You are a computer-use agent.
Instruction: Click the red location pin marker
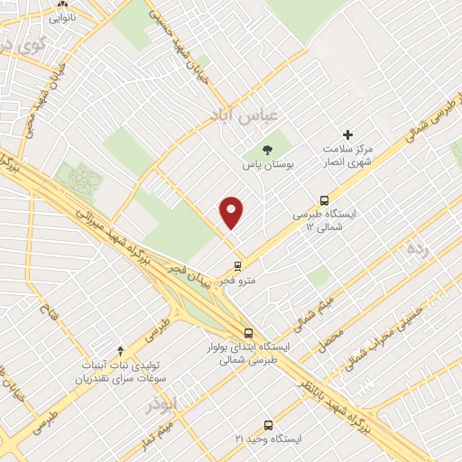232,212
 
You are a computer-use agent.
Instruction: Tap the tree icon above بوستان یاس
267,150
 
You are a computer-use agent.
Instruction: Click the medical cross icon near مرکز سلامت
347,134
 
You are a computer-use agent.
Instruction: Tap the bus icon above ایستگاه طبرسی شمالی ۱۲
324,200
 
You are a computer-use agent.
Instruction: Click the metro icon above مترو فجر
237,266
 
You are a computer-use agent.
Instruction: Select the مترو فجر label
238,281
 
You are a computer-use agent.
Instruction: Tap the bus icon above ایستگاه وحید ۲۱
268,424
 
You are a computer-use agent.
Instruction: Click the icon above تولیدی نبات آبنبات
121,349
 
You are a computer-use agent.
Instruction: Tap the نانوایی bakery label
62,16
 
